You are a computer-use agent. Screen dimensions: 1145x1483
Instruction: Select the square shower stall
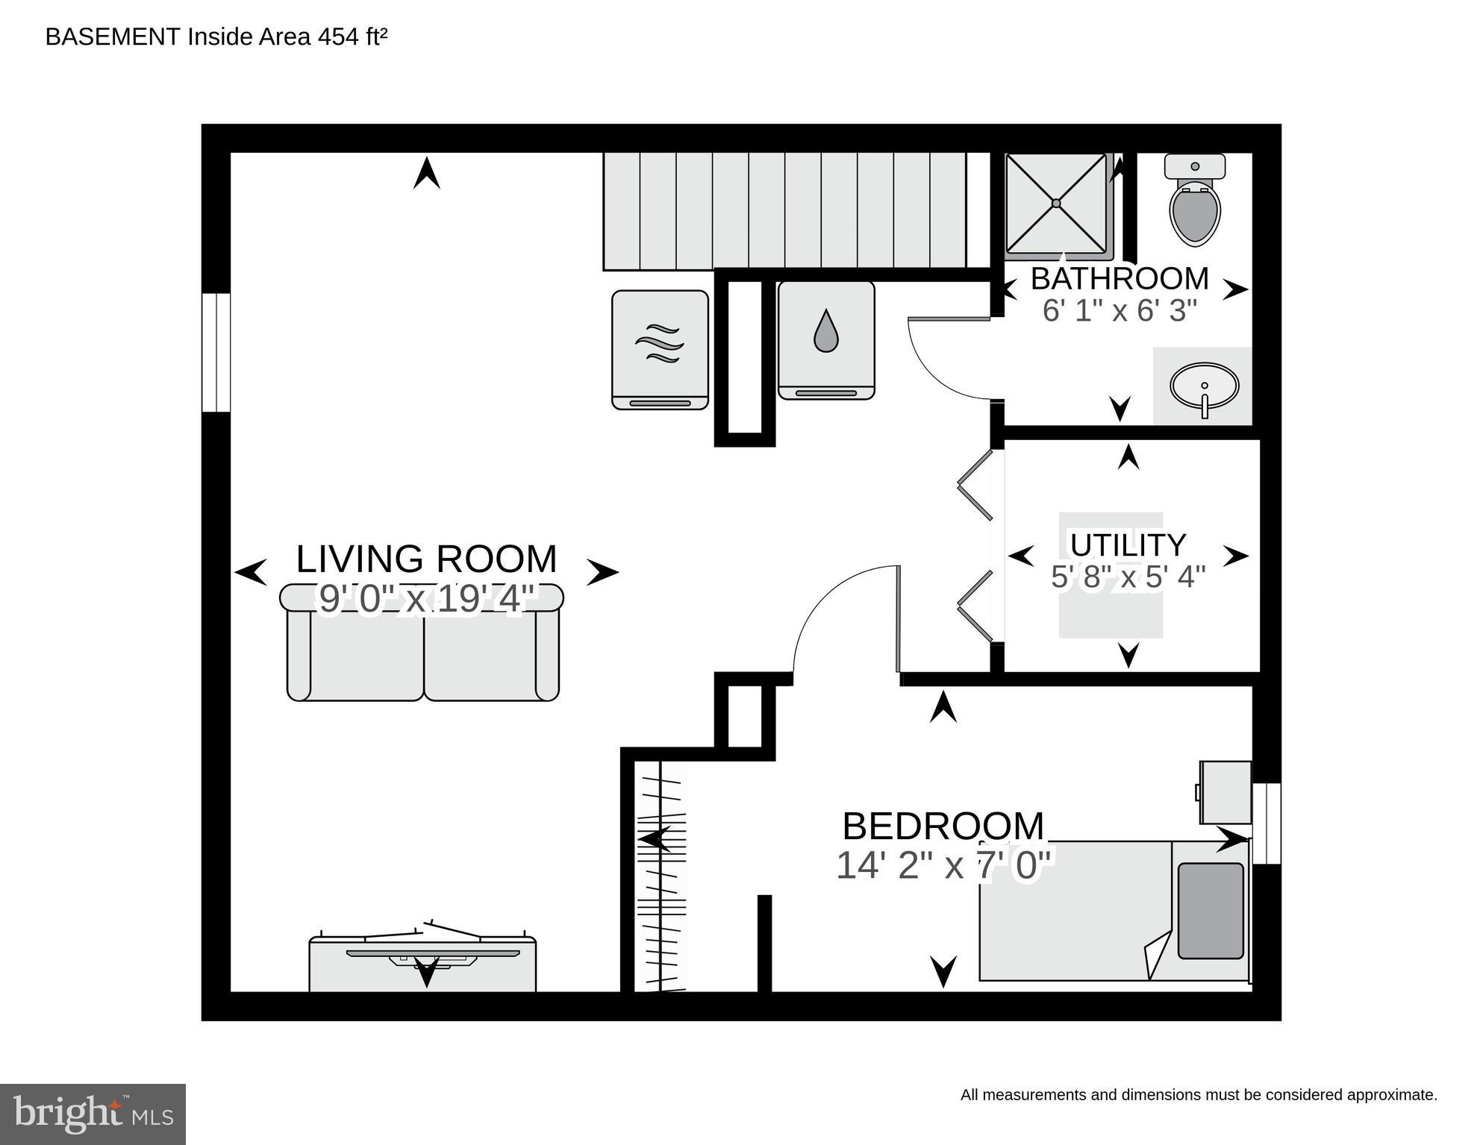pos(1056,203)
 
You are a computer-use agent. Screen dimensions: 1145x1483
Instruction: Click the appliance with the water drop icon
pos(825,340)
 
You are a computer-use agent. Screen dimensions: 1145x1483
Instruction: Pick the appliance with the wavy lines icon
pos(660,349)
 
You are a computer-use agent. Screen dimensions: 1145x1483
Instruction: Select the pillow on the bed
pos(1211,911)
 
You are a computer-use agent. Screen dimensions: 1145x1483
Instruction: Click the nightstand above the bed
pos(1225,792)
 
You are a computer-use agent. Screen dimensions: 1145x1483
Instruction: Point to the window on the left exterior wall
pos(216,352)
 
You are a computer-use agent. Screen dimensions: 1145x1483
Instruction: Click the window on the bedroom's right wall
pos(1267,824)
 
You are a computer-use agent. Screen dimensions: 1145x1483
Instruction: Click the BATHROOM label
pos(1119,279)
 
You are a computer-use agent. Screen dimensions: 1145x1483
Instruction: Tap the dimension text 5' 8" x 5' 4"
pos(1128,577)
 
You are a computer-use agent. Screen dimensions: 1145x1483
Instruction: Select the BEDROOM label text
pos(943,826)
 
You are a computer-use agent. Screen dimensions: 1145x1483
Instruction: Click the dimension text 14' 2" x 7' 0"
pos(943,866)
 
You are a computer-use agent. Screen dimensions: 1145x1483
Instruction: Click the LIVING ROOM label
pos(426,559)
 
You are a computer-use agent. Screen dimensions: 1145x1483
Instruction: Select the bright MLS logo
pos(93,1114)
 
